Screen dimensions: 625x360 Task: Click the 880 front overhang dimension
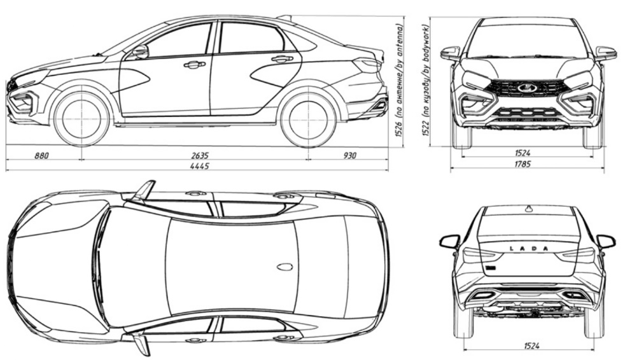[x=41, y=155]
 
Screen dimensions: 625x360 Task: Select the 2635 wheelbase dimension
[x=200, y=155]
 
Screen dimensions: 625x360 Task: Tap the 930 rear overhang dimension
[x=349, y=155]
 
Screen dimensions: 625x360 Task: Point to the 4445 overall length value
[x=200, y=166]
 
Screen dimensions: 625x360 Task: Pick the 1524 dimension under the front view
[x=523, y=153]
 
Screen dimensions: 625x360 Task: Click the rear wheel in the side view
[x=307, y=119]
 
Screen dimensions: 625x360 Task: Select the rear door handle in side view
[x=281, y=59]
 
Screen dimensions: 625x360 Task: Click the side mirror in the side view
[x=140, y=52]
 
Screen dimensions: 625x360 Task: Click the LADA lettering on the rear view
[x=529, y=249]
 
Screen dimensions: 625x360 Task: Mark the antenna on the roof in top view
[x=285, y=267]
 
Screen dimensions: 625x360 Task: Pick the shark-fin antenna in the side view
[x=285, y=17]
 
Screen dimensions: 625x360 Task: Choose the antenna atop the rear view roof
[x=529, y=207]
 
